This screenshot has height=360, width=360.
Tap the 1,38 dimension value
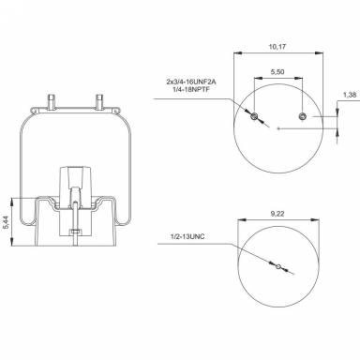coord(348,96)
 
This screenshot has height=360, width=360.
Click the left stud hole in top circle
coord(254,115)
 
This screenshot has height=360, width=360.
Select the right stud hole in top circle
coord(301,115)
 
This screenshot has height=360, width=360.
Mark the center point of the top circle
coord(277,127)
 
